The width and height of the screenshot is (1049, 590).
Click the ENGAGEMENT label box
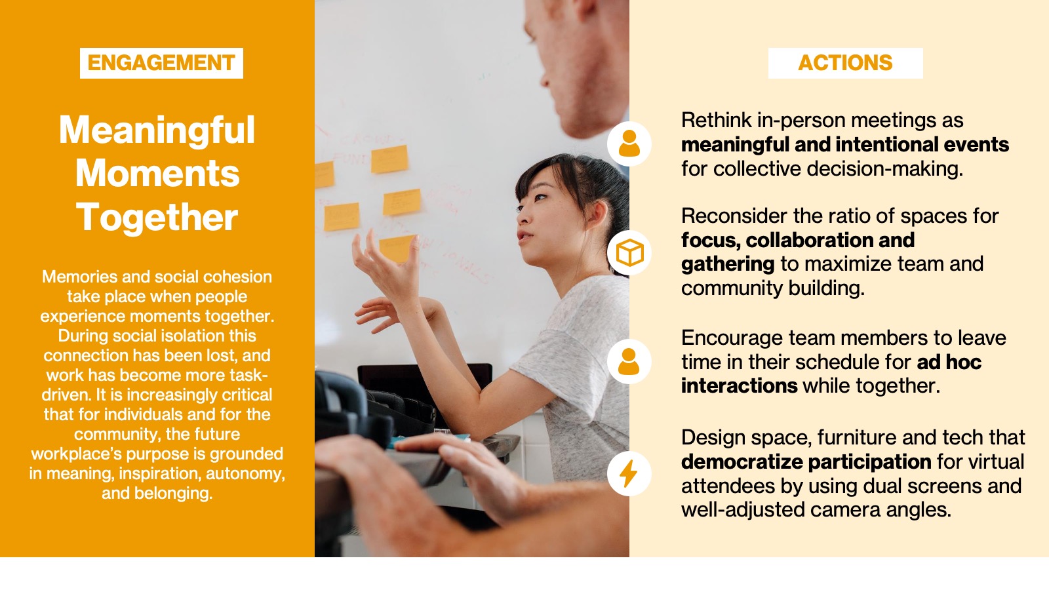[161, 63]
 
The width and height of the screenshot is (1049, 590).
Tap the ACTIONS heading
[845, 63]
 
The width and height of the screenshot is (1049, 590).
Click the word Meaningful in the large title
[157, 131]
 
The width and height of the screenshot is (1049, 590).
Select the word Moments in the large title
[157, 173]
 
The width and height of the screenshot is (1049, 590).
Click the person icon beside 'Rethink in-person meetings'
[629, 144]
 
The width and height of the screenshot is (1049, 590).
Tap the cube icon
[629, 253]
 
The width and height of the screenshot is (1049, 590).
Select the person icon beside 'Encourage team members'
[629, 361]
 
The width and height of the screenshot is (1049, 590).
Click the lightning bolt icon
[629, 473]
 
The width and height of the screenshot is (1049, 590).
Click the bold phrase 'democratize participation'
[806, 462]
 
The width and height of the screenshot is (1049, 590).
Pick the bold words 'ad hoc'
[949, 362]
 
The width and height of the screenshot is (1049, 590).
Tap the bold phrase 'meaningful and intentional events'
[845, 145]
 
